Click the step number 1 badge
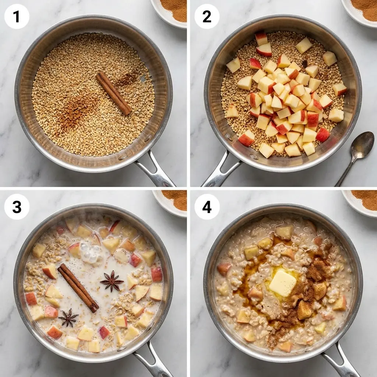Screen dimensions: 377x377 coord(17,17)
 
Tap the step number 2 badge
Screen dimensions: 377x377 coord(207,17)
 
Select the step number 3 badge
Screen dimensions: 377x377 coord(17,207)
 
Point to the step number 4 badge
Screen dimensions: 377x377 coord(207,207)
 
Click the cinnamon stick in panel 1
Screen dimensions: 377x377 coord(113,93)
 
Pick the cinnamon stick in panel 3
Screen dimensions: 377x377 coord(78,288)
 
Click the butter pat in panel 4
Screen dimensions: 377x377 coord(282,283)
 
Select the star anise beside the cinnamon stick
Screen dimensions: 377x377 coord(112,282)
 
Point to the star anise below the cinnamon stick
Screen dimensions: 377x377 coord(68,317)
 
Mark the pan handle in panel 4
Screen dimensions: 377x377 coord(341,363)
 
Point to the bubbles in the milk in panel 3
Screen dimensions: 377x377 coord(91,254)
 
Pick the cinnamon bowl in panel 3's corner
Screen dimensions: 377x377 coord(173,201)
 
